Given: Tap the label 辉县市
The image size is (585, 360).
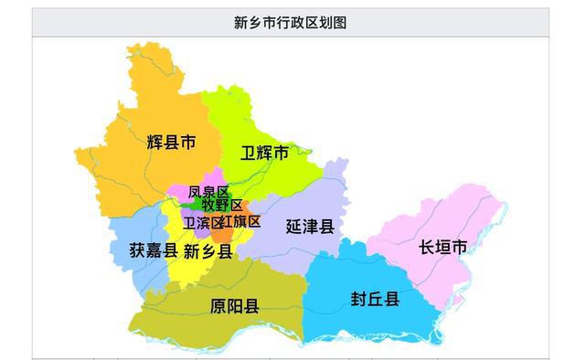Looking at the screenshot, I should [171, 143].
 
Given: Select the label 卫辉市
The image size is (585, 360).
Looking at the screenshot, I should [264, 153].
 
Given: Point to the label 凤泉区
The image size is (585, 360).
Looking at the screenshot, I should [208, 192].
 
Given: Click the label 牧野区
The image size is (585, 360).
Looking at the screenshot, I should [222, 206].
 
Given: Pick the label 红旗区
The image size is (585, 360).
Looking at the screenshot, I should [241, 222].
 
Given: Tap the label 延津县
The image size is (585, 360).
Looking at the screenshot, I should [309, 225].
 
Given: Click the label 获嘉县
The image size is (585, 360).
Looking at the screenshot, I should [153, 249].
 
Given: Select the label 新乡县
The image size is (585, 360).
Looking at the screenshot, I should [207, 250].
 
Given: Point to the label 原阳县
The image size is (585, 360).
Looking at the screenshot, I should [234, 305].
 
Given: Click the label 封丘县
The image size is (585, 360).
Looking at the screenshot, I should [375, 299].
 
